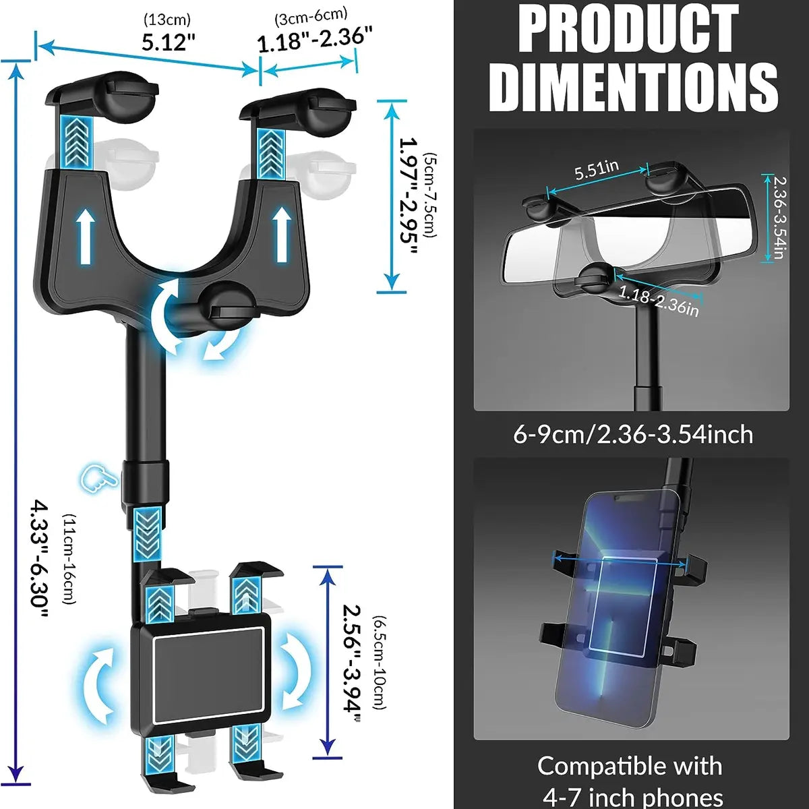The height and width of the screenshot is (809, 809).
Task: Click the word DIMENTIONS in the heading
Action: coord(633,86)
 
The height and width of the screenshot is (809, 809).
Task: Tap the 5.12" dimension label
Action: coord(168,42)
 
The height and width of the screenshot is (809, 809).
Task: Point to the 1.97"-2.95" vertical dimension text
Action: coord(408,195)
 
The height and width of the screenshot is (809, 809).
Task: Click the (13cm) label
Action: coord(167,19)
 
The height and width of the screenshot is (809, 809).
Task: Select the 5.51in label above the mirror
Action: coord(597,169)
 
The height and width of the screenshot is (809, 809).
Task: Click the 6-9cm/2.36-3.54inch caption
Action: coord(633,434)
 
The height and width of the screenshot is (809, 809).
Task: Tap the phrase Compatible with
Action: coord(630,766)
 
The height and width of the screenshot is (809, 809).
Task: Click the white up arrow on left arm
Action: coord(86,235)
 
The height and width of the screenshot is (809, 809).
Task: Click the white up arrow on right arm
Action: coord(282,234)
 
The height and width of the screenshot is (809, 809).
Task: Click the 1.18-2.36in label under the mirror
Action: coord(658,301)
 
